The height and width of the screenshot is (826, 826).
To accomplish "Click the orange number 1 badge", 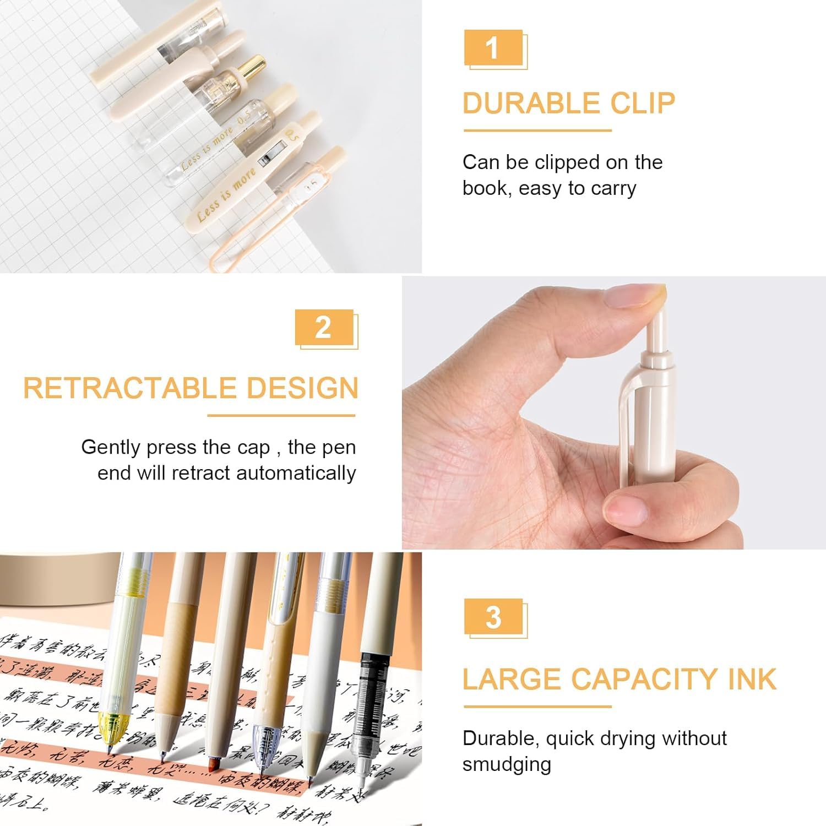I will point(493,48).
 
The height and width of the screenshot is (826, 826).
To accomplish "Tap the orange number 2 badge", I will point(324,328).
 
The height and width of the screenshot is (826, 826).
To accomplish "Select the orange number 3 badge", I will point(493,617).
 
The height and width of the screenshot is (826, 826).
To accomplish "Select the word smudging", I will point(507,764).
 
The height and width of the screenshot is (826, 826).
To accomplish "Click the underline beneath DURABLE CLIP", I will point(537,131).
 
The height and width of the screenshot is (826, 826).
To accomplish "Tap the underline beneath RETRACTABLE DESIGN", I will point(281,415).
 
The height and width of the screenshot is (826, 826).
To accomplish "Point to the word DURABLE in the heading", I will point(523,104).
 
